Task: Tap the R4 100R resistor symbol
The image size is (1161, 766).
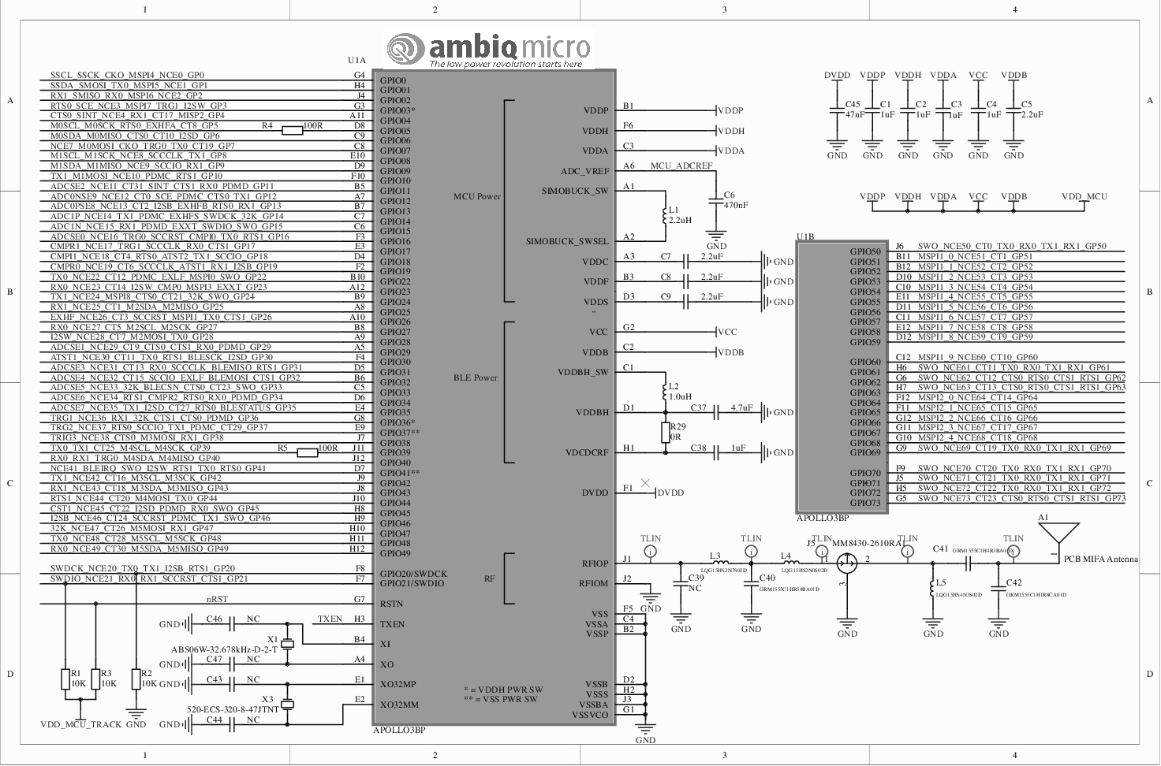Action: tap(292, 131)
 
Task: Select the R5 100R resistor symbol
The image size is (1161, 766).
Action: tap(308, 452)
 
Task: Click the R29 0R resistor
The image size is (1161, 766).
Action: tap(666, 432)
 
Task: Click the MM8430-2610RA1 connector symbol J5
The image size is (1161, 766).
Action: tap(847, 563)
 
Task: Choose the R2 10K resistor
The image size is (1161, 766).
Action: tap(136, 679)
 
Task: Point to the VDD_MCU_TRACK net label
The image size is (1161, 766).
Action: tap(81, 724)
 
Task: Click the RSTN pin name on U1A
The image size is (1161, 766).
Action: tap(392, 604)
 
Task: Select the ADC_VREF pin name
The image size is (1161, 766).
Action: tap(584, 171)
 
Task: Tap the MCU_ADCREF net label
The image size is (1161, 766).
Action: tap(681, 166)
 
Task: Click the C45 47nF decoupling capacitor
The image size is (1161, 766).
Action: tap(838, 110)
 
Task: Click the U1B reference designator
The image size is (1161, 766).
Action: tap(805, 236)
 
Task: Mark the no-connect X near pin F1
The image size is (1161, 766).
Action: tap(646, 483)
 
